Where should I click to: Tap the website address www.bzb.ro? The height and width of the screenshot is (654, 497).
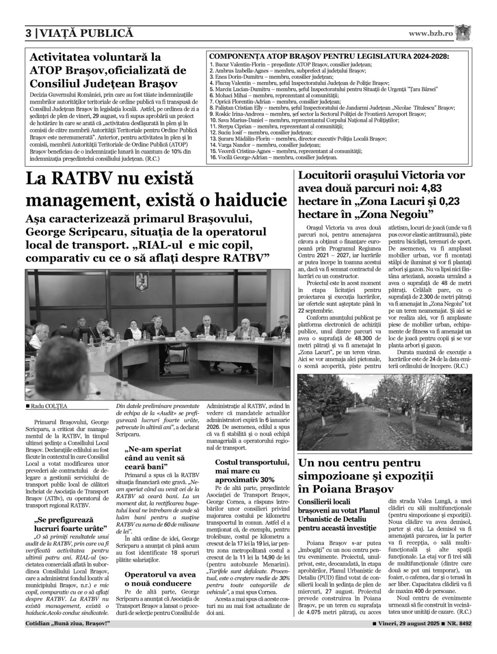[430, 33]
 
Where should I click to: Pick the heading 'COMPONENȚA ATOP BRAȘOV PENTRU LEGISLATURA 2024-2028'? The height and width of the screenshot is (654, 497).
[329, 56]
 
